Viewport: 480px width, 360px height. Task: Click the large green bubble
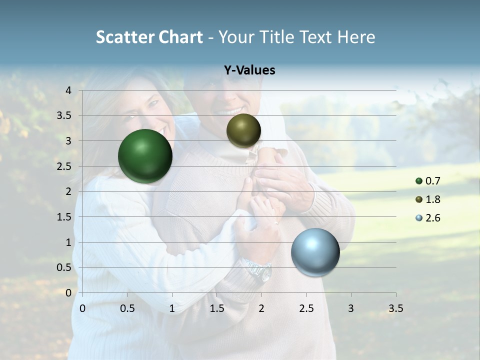[145, 156]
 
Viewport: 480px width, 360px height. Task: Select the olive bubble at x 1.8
[243, 130]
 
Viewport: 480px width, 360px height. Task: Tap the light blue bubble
[315, 252]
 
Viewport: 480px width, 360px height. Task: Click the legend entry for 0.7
[428, 181]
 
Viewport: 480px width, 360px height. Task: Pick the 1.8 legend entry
[428, 199]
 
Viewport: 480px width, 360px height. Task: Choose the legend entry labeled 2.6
[428, 218]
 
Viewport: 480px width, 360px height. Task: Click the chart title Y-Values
[249, 70]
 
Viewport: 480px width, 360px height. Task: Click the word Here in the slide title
[356, 37]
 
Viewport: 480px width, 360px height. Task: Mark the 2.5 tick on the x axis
[306, 308]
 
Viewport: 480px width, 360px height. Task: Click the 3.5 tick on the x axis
[395, 308]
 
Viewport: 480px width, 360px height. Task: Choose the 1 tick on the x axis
[172, 308]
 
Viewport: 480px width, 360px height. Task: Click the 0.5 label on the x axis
[127, 308]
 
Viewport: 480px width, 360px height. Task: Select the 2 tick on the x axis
[261, 308]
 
